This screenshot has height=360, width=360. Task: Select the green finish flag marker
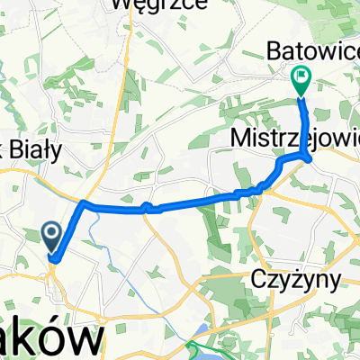pos(300,81)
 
